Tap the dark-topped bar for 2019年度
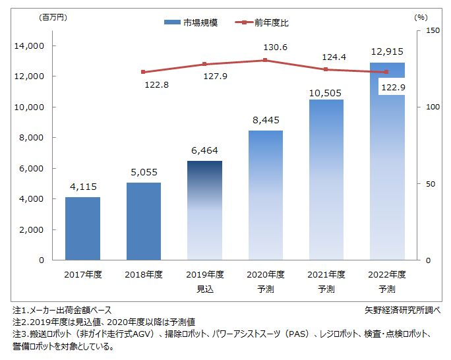pyautogui.click(x=204, y=210)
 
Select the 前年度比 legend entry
pyautogui.click(x=264, y=22)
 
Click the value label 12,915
pyautogui.click(x=387, y=51)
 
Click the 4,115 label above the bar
pyautogui.click(x=82, y=187)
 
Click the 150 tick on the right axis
pyautogui.click(x=433, y=30)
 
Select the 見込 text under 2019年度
pyautogui.click(x=204, y=289)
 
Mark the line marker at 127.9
pyautogui.click(x=204, y=64)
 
